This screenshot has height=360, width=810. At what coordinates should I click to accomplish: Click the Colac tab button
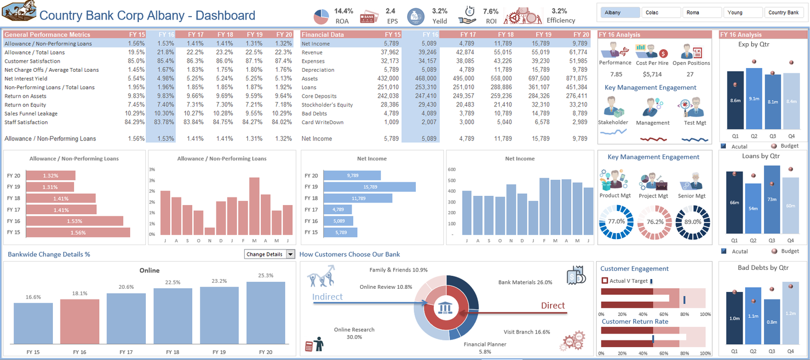(661, 12)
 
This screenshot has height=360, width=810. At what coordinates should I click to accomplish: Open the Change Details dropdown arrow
(291, 254)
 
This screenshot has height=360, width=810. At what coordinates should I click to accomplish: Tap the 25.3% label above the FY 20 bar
(265, 276)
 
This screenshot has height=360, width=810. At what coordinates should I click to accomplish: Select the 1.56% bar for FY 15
(78, 233)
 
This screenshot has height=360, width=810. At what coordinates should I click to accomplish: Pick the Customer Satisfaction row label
(32, 61)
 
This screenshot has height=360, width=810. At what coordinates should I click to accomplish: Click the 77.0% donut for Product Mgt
(616, 221)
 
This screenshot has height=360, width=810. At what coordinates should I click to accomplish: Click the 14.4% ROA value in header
(343, 11)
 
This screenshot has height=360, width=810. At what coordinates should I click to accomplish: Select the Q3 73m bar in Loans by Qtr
(772, 200)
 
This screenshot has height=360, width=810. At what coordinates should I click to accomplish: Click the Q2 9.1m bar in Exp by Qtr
(754, 99)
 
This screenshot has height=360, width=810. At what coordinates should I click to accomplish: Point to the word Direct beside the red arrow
(553, 305)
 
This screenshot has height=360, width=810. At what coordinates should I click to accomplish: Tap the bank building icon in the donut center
(446, 308)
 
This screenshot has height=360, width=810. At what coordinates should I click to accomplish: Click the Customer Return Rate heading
(635, 322)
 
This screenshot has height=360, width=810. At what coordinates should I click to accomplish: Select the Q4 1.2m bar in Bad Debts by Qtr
(791, 313)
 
